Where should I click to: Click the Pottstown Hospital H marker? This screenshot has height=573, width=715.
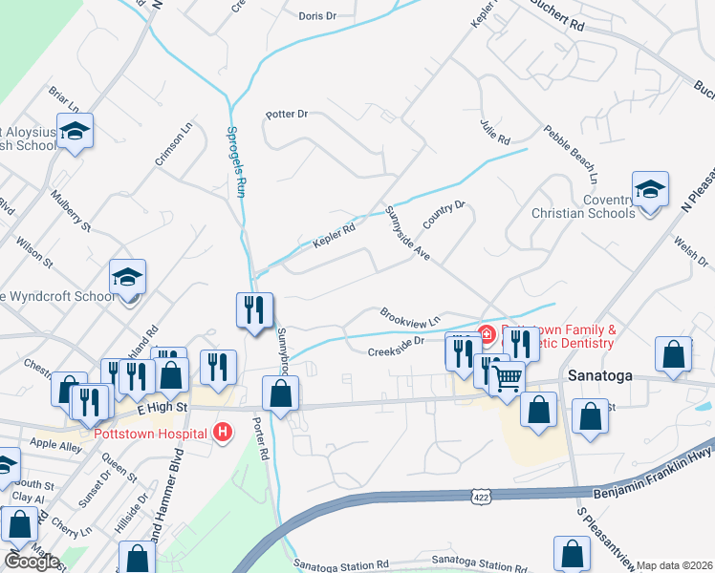click(223, 433)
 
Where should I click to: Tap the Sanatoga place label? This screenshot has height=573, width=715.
click(600, 375)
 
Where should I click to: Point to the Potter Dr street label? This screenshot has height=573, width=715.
click(288, 114)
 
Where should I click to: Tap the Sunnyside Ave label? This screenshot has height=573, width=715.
click(408, 234)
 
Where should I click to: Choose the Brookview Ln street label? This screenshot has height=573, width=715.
click(409, 315)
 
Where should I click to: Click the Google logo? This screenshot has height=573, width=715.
click(32, 562)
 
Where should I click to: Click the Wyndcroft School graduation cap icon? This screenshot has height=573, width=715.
click(127, 277)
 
